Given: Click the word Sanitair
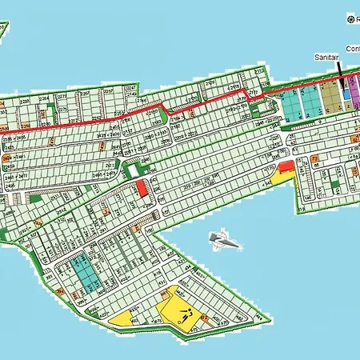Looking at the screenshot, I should [x=326, y=58].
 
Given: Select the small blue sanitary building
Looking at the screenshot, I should [x=346, y=94].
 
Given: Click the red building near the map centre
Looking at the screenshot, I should [x=142, y=189].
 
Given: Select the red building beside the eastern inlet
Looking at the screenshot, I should [x=284, y=167].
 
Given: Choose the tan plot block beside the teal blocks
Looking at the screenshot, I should [x=329, y=99].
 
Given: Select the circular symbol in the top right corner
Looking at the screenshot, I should [x=350, y=17].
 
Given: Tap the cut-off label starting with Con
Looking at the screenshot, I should [x=353, y=48].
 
